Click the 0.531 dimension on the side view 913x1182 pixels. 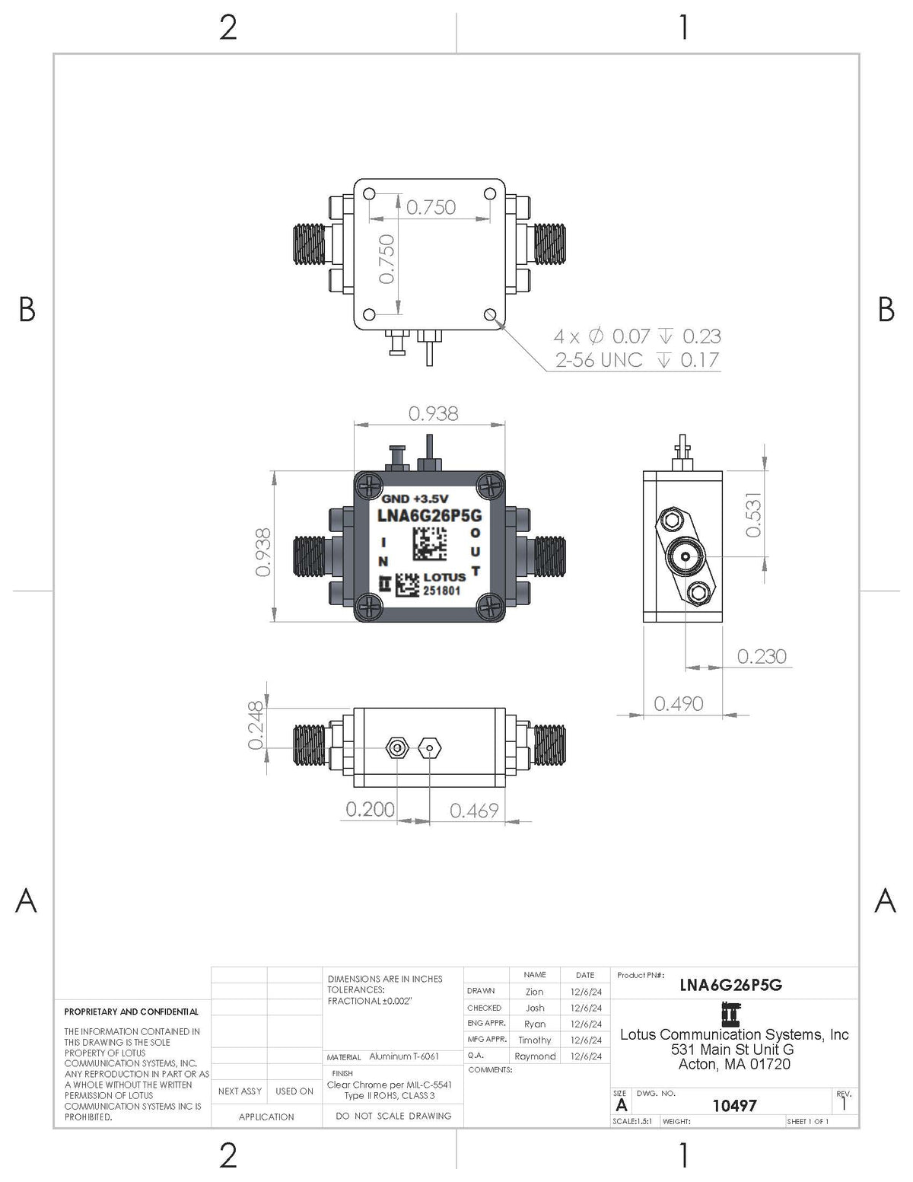pos(752,515)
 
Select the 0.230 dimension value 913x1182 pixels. pos(761,656)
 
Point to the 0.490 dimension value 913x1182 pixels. pos(678,703)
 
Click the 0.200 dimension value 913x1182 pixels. pos(370,809)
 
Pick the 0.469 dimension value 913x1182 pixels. pos(474,811)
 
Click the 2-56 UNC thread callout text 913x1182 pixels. pos(599,360)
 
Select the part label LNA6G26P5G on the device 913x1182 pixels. pos(430,516)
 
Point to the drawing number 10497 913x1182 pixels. pos(734,1105)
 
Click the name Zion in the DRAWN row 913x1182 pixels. pos(534,992)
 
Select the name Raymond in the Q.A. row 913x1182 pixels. pos(534,1056)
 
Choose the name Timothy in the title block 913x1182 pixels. pos(534,1040)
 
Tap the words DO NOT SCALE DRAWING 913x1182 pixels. pos(393,1116)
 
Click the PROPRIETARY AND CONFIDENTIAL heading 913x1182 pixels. pos(131,1012)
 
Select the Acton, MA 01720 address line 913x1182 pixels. pos(734,1064)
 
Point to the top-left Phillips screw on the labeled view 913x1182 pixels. pos(371,484)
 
